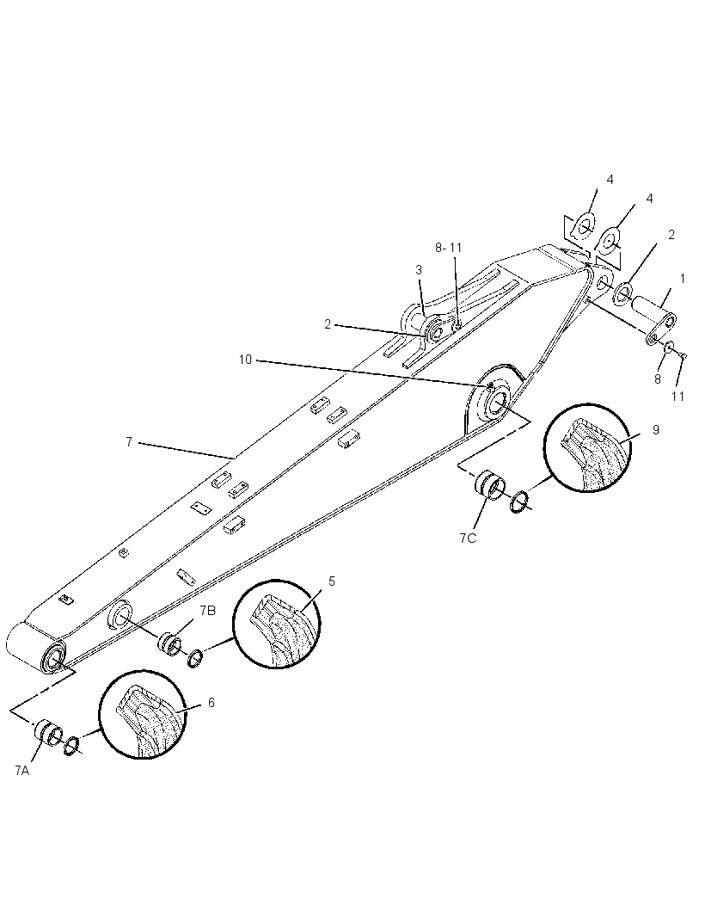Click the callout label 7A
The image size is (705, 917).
(21, 770)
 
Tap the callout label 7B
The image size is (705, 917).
(207, 611)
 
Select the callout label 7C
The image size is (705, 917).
(468, 539)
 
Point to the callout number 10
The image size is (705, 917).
(246, 360)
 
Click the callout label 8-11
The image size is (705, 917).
(449, 248)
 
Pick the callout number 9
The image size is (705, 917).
(656, 430)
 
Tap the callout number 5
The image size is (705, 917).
(332, 581)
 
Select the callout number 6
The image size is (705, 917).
(211, 702)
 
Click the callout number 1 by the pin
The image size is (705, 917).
(682, 279)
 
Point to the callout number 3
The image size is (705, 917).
(419, 269)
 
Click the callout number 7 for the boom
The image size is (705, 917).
(129, 442)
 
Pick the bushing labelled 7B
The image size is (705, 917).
(170, 642)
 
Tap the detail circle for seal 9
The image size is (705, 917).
(588, 447)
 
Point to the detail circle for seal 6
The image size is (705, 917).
(143, 715)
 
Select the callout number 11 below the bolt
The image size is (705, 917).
(677, 397)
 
